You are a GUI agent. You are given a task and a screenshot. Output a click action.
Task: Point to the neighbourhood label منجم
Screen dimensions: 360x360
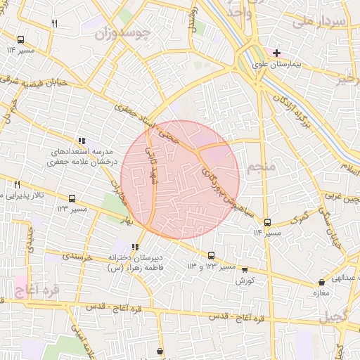261,167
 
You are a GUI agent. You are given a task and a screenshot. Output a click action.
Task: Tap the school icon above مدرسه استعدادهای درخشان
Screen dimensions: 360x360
82,140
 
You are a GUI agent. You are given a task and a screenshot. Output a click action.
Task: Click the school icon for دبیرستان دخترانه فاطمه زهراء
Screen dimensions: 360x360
135,247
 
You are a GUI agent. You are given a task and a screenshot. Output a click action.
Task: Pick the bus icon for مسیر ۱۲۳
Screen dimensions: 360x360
72,198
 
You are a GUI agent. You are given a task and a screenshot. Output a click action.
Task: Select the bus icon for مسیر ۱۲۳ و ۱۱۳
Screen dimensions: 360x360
211,255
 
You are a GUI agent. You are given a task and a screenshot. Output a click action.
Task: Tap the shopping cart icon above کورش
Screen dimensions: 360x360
245,269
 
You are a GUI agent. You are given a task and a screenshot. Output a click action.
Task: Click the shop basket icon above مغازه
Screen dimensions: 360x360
321,283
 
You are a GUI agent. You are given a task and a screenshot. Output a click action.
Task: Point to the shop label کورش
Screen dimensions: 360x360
245,281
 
